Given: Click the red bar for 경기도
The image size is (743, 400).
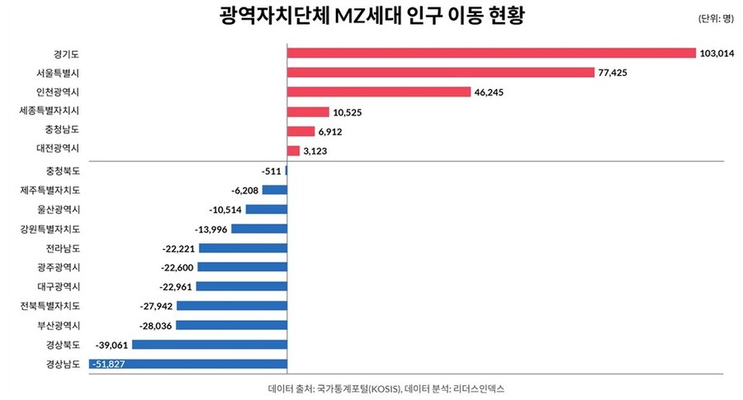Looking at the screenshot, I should click(x=491, y=53).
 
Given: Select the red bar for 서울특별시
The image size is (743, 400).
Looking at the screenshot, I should click(x=441, y=73).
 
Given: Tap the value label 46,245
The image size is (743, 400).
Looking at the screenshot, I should click(x=493, y=92).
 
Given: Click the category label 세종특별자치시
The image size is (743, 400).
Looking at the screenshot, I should click(x=50, y=111).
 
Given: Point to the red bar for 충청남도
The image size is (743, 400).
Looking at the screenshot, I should click(x=301, y=131).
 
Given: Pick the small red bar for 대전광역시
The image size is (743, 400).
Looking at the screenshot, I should click(x=293, y=151).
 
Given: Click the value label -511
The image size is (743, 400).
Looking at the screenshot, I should click(x=270, y=171).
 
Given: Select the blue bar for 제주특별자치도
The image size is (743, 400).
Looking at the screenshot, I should click(x=275, y=190).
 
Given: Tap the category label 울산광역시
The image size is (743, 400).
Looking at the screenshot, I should click(x=57, y=209).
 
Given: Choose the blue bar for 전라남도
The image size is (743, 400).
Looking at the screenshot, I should click(x=243, y=248).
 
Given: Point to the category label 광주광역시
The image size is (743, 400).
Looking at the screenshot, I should click(x=57, y=267).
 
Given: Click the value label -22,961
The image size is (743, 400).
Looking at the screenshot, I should click(x=173, y=287).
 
